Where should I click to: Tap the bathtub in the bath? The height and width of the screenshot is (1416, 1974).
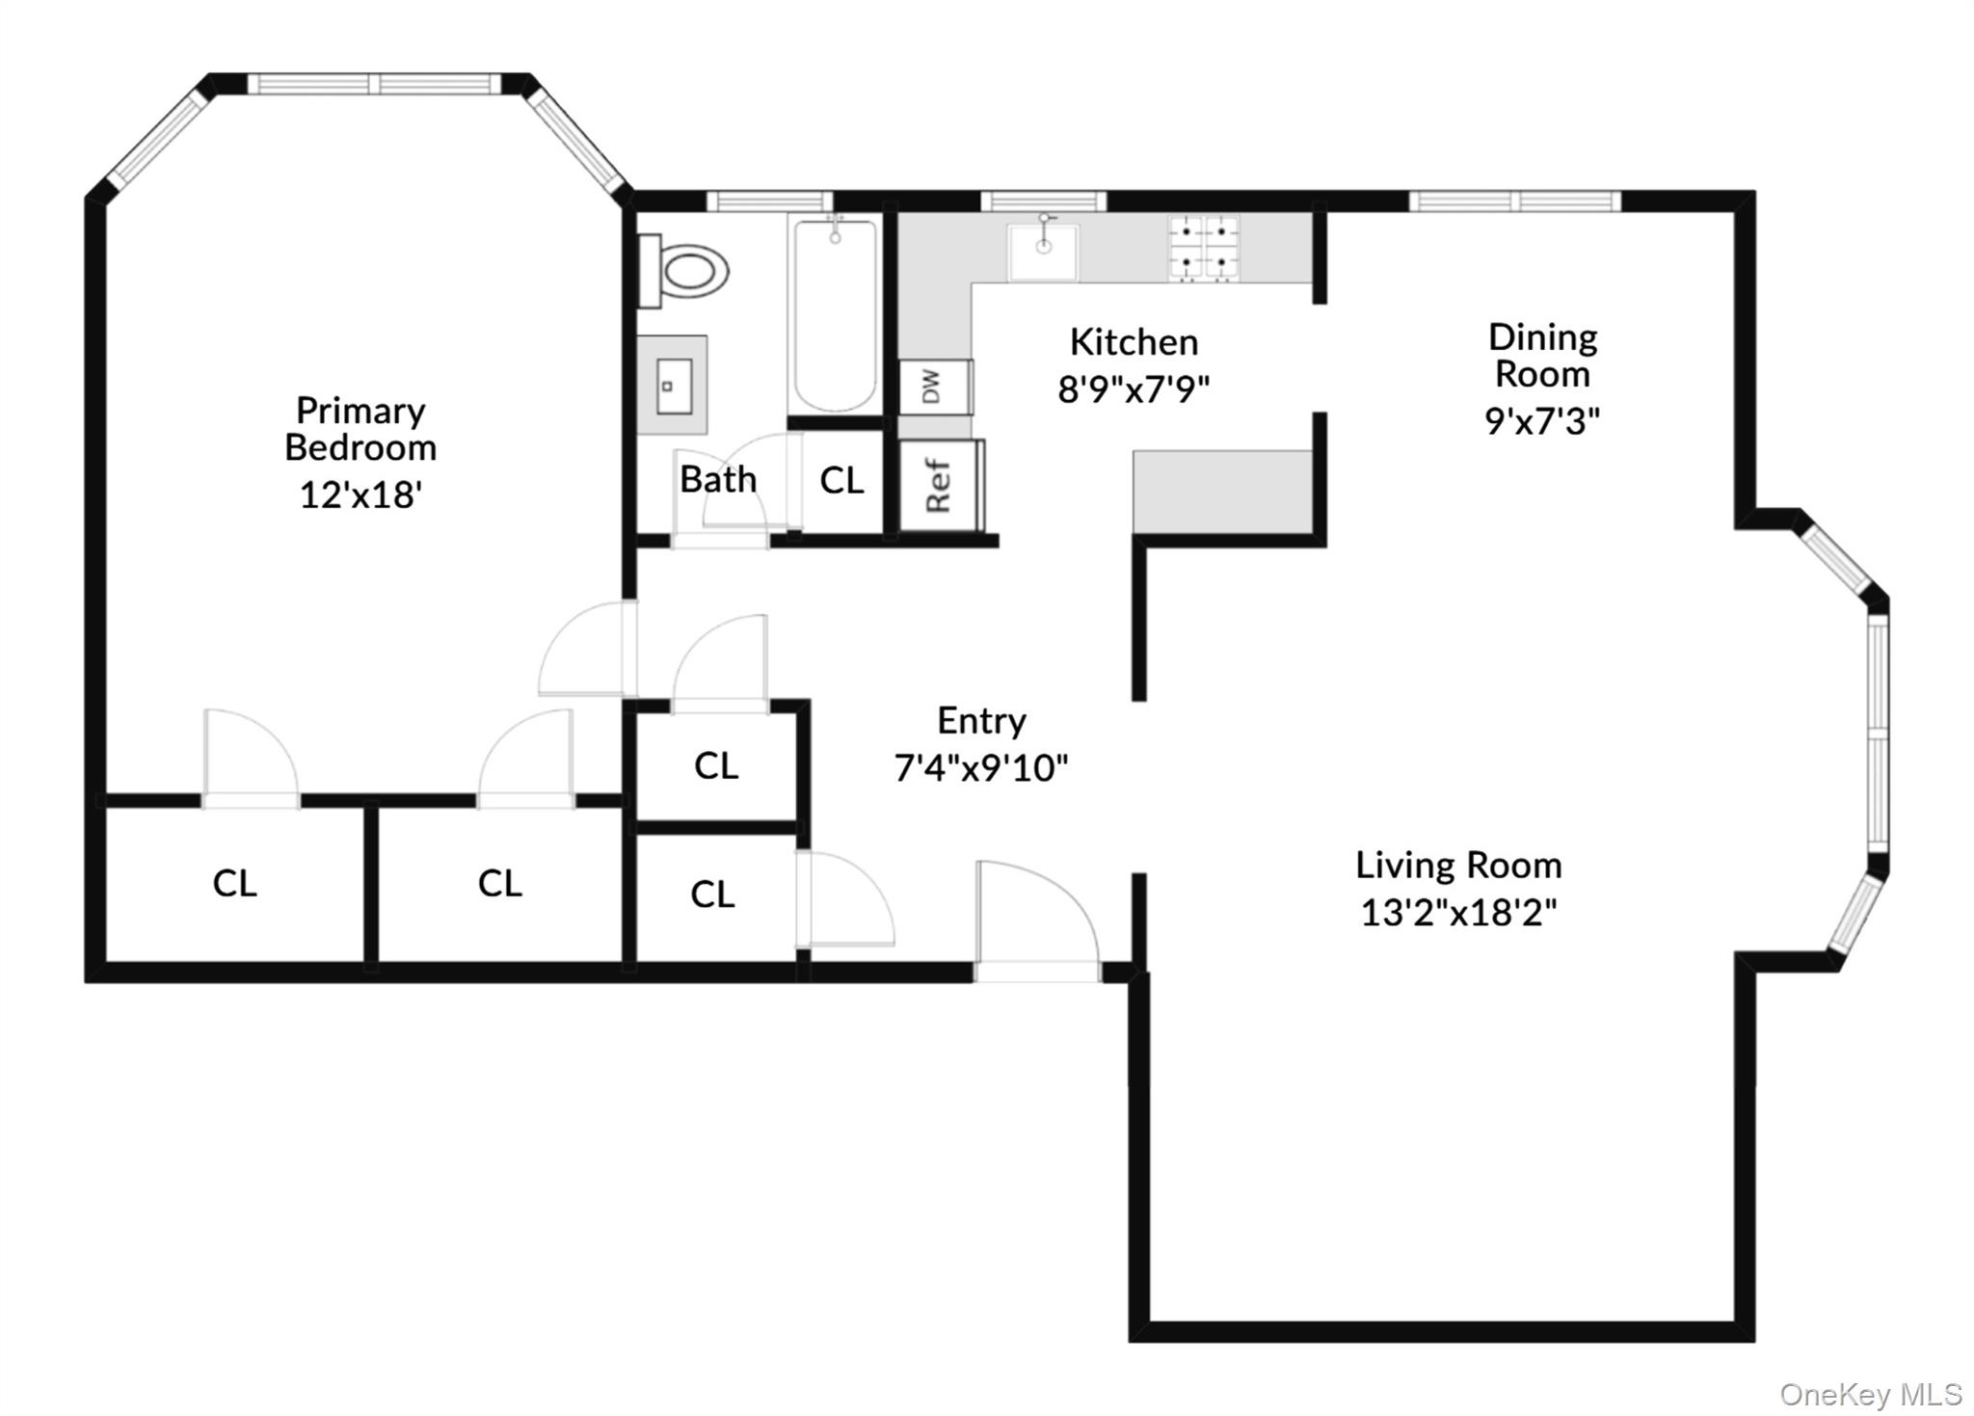pos(835,314)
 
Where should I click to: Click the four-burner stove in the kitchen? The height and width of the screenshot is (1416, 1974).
pos(1204,249)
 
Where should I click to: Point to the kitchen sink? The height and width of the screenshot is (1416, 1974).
pos(1043,252)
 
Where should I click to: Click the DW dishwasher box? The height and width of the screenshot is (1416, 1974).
pos(934,387)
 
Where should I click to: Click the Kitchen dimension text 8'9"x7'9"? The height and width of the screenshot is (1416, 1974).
pos(1134,389)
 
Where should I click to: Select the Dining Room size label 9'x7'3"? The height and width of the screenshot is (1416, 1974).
pos(1542,421)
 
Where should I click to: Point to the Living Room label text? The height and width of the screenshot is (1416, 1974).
pos(1458,865)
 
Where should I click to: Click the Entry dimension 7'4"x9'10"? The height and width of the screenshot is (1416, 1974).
pos(981,768)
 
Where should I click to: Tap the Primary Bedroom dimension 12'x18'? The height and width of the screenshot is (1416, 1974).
pos(361,494)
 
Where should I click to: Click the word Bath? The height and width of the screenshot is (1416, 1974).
pos(718,479)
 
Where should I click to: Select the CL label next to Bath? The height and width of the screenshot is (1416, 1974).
pos(841,480)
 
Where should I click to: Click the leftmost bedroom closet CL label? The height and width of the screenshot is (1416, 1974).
pos(234,883)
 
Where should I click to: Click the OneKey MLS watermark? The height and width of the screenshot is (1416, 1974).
pos(1870,1394)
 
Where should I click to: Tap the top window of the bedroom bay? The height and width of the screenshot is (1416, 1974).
pos(375,84)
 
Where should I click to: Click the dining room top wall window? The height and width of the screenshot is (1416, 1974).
pos(1515,201)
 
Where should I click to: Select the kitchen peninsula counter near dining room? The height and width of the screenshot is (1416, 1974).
pos(1222,491)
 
